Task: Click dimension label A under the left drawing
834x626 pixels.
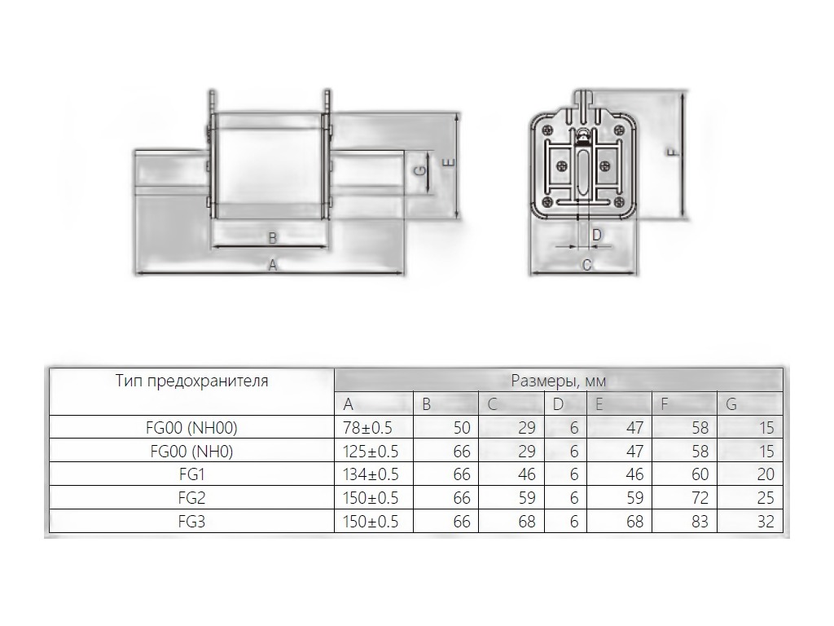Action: [272, 265]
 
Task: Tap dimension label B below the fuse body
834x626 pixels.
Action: [272, 238]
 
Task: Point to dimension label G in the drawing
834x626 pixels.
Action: [420, 171]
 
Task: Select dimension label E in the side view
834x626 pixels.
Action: [450, 163]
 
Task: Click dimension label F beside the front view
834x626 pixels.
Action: [673, 152]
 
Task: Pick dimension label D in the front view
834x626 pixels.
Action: [597, 235]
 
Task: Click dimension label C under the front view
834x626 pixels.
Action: [586, 265]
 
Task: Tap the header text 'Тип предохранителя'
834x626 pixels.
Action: [192, 381]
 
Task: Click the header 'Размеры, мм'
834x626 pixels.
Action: [559, 381]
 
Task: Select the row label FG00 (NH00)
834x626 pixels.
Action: [191, 427]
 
